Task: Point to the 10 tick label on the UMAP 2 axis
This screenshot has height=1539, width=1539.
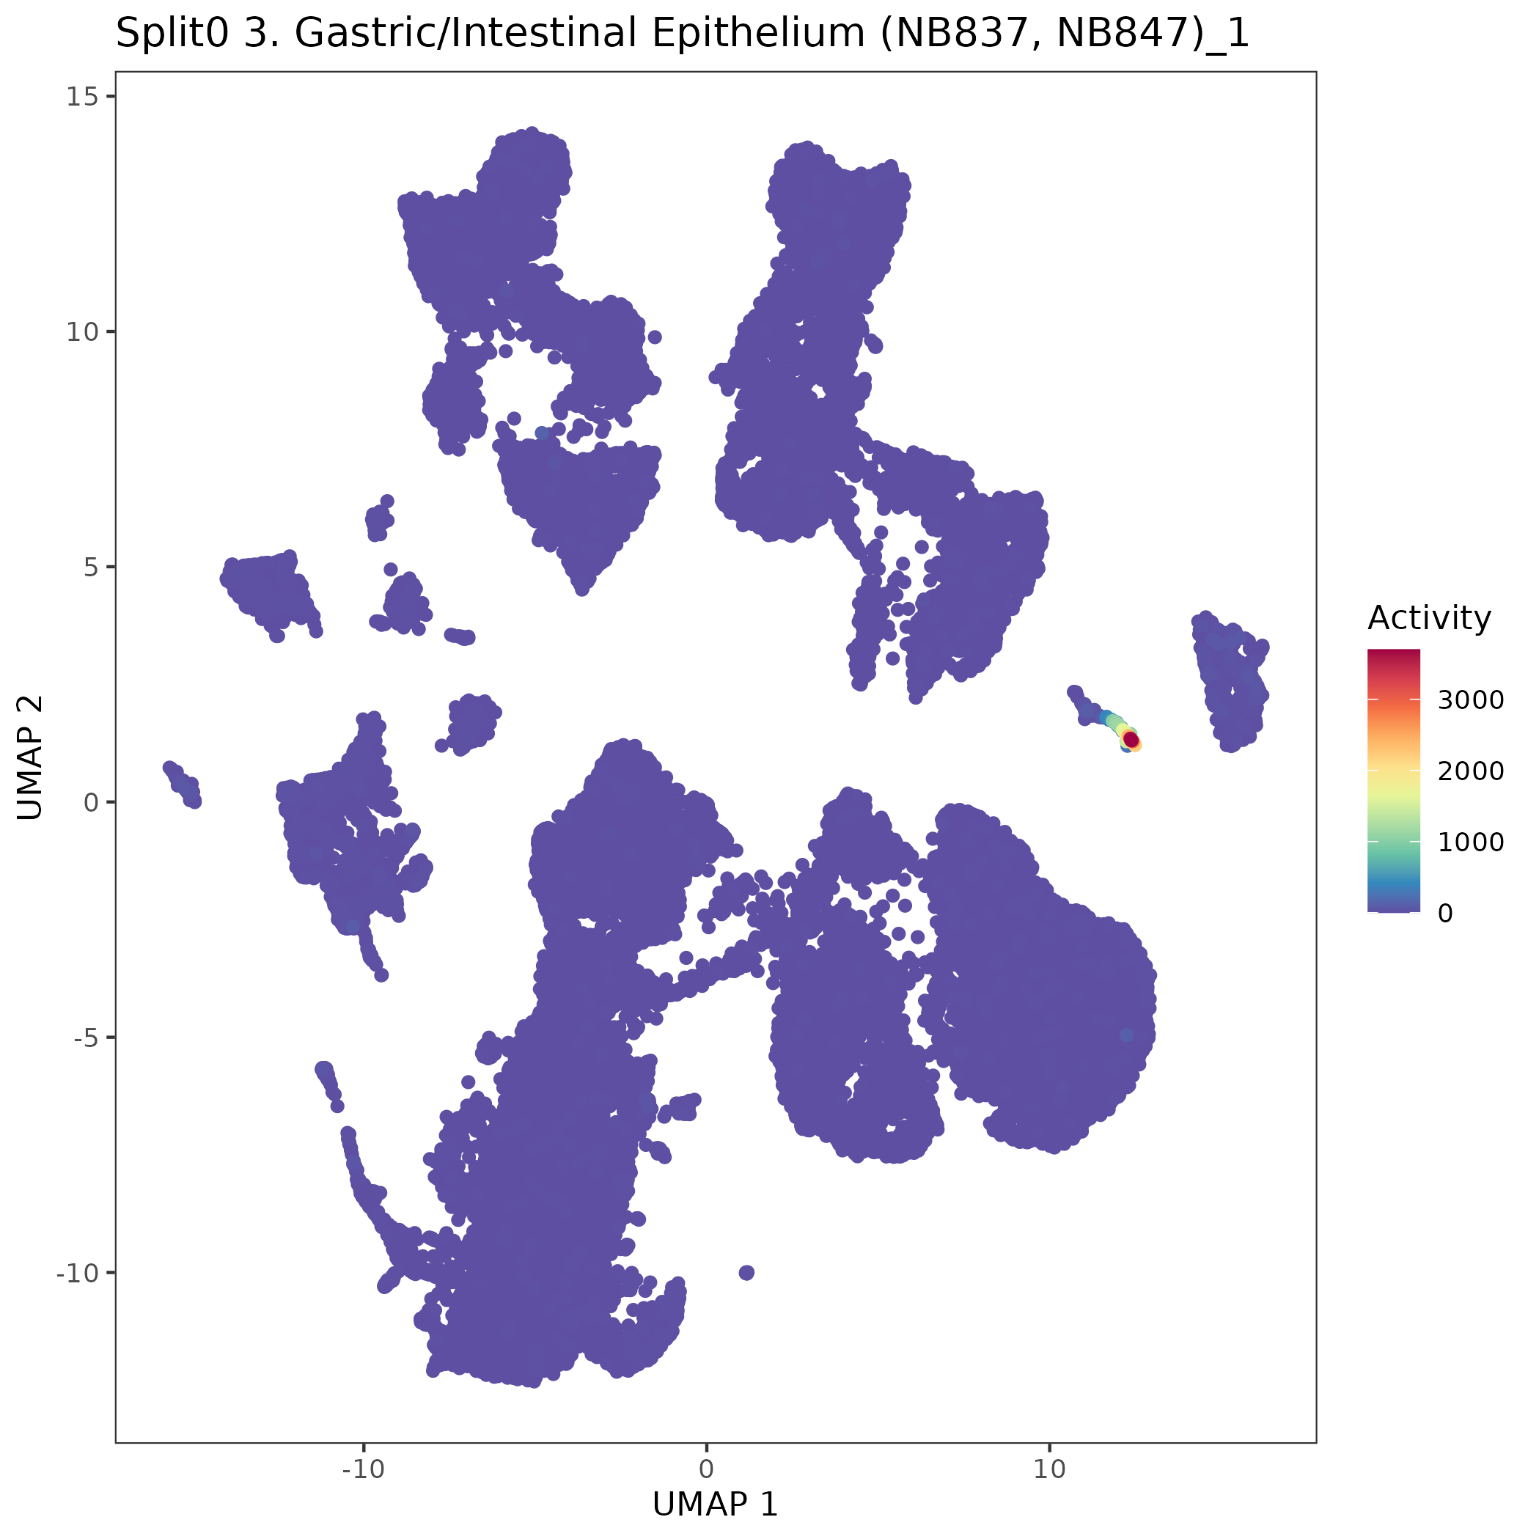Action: [80, 331]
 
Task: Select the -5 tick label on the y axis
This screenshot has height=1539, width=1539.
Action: [83, 1037]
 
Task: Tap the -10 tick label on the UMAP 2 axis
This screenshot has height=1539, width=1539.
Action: [76, 1272]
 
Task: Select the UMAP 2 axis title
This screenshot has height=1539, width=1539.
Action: [30, 757]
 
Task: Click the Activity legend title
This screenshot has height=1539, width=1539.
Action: [1429, 617]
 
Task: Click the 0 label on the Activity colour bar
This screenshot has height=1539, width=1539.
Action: [1445, 913]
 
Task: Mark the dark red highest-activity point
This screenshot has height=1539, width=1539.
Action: [1131, 740]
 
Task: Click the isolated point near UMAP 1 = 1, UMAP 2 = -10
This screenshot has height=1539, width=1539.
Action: [746, 1272]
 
